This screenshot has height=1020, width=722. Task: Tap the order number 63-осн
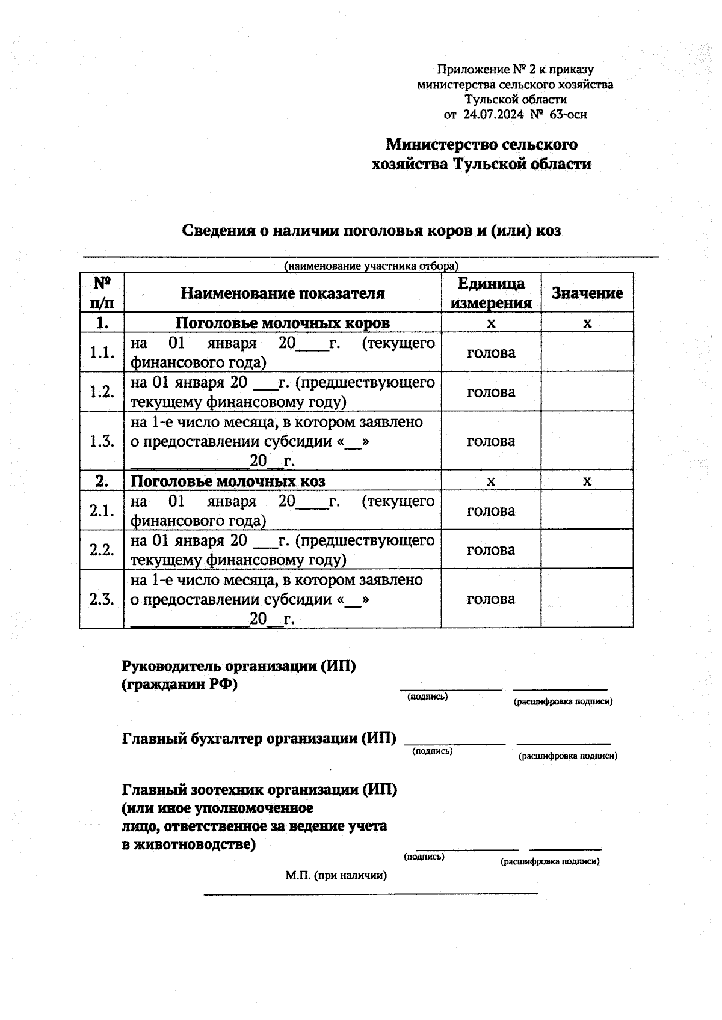coord(567,114)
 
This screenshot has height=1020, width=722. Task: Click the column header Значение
coord(587,293)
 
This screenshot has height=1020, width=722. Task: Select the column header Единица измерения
coord(491,293)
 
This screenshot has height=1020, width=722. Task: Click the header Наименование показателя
coord(283,293)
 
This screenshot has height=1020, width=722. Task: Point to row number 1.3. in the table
coord(102,441)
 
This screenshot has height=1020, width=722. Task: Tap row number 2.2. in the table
coord(102,549)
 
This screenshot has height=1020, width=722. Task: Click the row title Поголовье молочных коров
coord(283,323)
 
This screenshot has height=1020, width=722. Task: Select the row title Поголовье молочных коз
coord(228,481)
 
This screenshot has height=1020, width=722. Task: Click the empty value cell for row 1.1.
coord(587,352)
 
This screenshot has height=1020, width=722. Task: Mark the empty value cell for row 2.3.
coord(587,599)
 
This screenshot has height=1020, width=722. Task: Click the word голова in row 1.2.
coord(491,392)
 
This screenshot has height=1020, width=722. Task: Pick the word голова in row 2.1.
coord(491,510)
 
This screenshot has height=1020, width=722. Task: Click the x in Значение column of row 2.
coord(587,481)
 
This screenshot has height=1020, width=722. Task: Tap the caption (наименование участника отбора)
coord(371,266)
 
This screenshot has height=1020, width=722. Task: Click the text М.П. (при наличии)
coord(336,875)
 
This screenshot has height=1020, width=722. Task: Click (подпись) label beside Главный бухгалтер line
coord(432,751)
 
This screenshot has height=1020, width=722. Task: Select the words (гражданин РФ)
coord(179,684)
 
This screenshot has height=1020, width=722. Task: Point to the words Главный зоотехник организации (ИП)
coord(259,789)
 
